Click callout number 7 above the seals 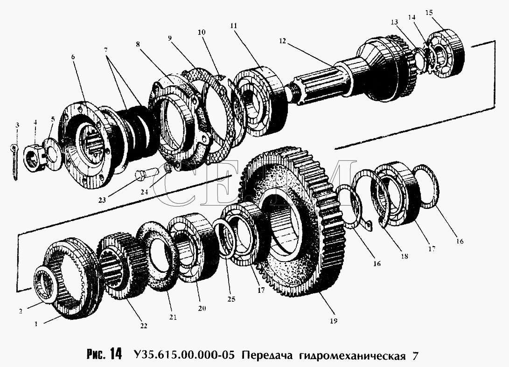(106, 49)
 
